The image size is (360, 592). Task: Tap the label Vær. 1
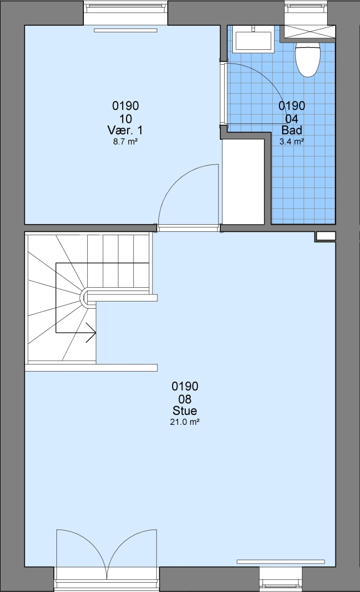point(125,130)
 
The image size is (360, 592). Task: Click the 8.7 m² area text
point(125,142)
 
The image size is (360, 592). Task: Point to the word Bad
point(292,130)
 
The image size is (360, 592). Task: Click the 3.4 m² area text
point(292,141)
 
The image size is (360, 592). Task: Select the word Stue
point(185,411)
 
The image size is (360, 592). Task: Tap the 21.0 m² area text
point(185,422)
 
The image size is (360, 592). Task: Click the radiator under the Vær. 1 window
point(125,30)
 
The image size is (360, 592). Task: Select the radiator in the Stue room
point(281,561)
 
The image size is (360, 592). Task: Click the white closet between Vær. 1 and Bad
point(243,181)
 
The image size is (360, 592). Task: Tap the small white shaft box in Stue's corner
point(325,236)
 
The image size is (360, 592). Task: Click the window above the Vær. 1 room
point(125,12)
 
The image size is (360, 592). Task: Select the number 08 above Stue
point(185,399)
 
